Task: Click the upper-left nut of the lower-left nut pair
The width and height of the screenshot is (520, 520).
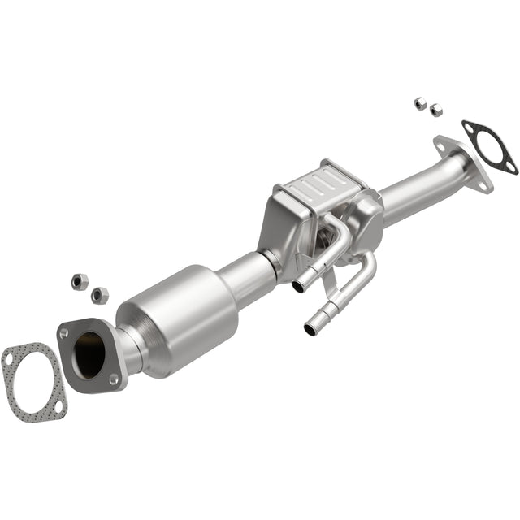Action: click(80, 281)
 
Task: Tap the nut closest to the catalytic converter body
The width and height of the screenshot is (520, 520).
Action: click(100, 295)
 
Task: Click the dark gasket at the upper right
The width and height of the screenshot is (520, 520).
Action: click(489, 147)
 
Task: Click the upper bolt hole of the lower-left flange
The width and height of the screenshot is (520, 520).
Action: click(64, 333)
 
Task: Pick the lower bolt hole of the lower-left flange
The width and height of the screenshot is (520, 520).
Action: click(114, 379)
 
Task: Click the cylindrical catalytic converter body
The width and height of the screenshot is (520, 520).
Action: click(179, 321)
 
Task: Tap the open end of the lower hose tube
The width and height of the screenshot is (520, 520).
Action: click(311, 329)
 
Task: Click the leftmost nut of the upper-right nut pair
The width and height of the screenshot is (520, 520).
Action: click(419, 102)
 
